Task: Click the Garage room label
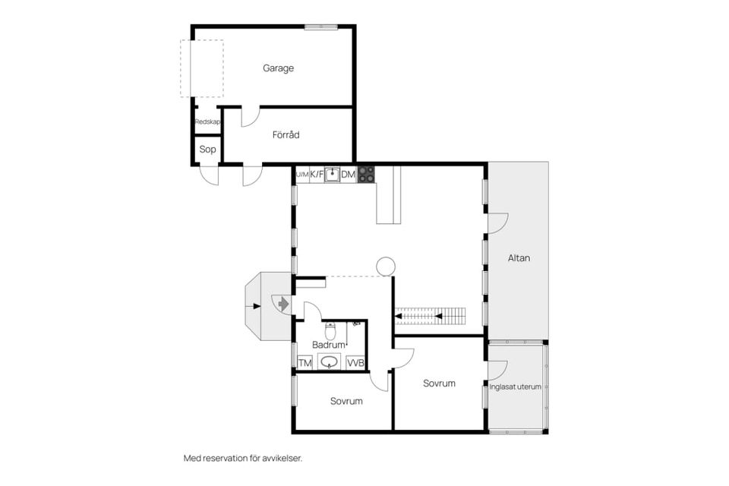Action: point(278,68)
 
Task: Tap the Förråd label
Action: point(286,135)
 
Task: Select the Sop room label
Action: point(207,150)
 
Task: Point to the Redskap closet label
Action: point(207,121)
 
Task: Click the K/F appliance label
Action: point(317,175)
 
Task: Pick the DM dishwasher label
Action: point(348,175)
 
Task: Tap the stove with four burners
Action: point(366,175)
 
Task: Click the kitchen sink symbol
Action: point(332,175)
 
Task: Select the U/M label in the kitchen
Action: point(302,175)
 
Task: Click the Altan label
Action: point(519,258)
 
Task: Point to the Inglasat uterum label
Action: point(515,387)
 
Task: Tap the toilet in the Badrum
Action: point(330,330)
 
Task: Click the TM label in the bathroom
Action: point(305,363)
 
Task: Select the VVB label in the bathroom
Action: point(355,363)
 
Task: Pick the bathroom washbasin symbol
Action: point(329,361)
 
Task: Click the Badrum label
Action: point(329,345)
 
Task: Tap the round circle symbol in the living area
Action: point(386,267)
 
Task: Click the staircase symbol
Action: point(430,316)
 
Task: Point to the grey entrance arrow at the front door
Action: point(283,305)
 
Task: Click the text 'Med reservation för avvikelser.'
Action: point(243,458)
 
